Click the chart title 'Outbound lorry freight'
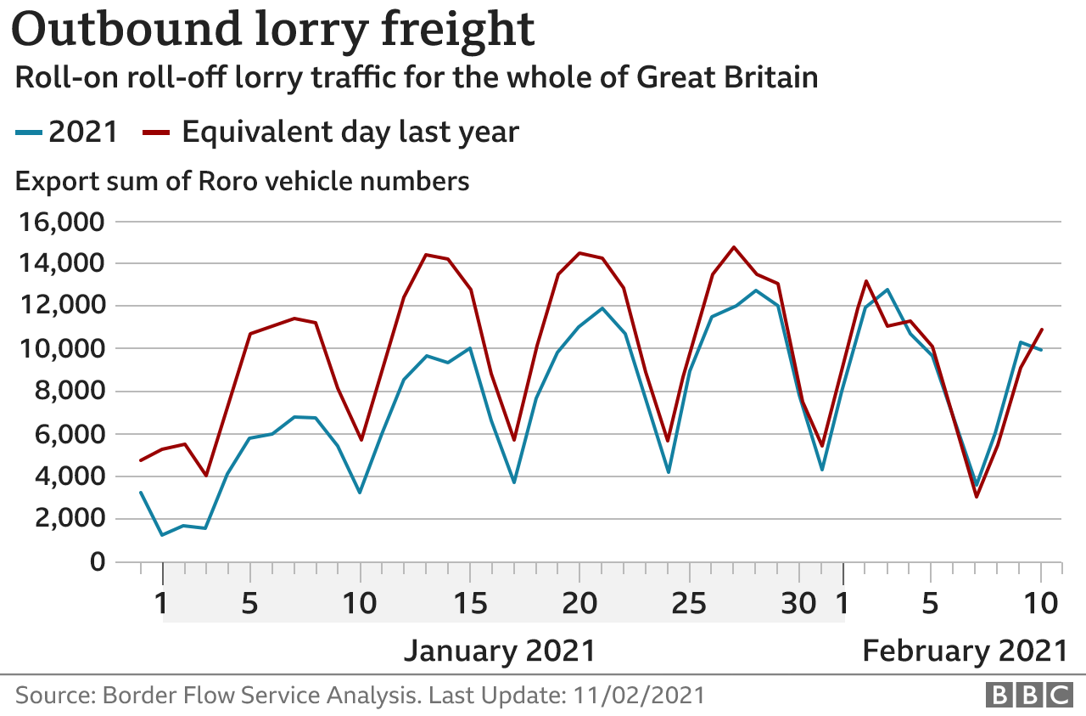point(273,31)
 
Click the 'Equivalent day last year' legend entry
point(331,132)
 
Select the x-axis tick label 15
point(469,604)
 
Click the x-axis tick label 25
point(688,604)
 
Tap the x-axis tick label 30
point(798,604)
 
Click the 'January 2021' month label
point(499,651)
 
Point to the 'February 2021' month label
point(965,651)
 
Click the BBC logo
point(1028,695)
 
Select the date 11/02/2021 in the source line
point(638,696)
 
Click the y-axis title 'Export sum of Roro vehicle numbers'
point(243,181)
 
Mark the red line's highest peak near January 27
point(733,247)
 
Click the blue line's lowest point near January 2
point(162,535)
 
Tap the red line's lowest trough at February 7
point(976,497)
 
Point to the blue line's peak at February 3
point(887,290)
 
